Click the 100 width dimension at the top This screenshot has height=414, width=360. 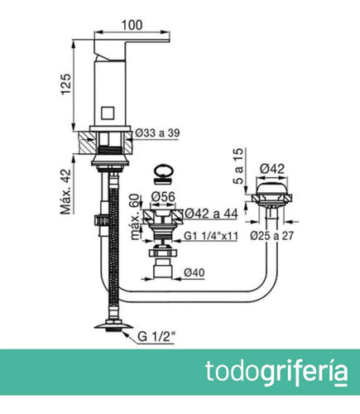[x=132, y=25]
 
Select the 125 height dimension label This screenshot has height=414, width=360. [x=66, y=84]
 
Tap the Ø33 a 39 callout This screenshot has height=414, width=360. [x=157, y=132]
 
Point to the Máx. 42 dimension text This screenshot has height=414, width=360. [x=66, y=191]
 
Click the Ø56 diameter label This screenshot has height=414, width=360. [x=163, y=197]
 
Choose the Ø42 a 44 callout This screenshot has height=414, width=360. [x=211, y=214]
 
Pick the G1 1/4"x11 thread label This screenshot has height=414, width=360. [x=211, y=236]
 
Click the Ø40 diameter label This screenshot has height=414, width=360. [x=194, y=272]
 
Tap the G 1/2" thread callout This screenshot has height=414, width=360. [x=156, y=337]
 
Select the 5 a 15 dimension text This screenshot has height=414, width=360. [x=238, y=166]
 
